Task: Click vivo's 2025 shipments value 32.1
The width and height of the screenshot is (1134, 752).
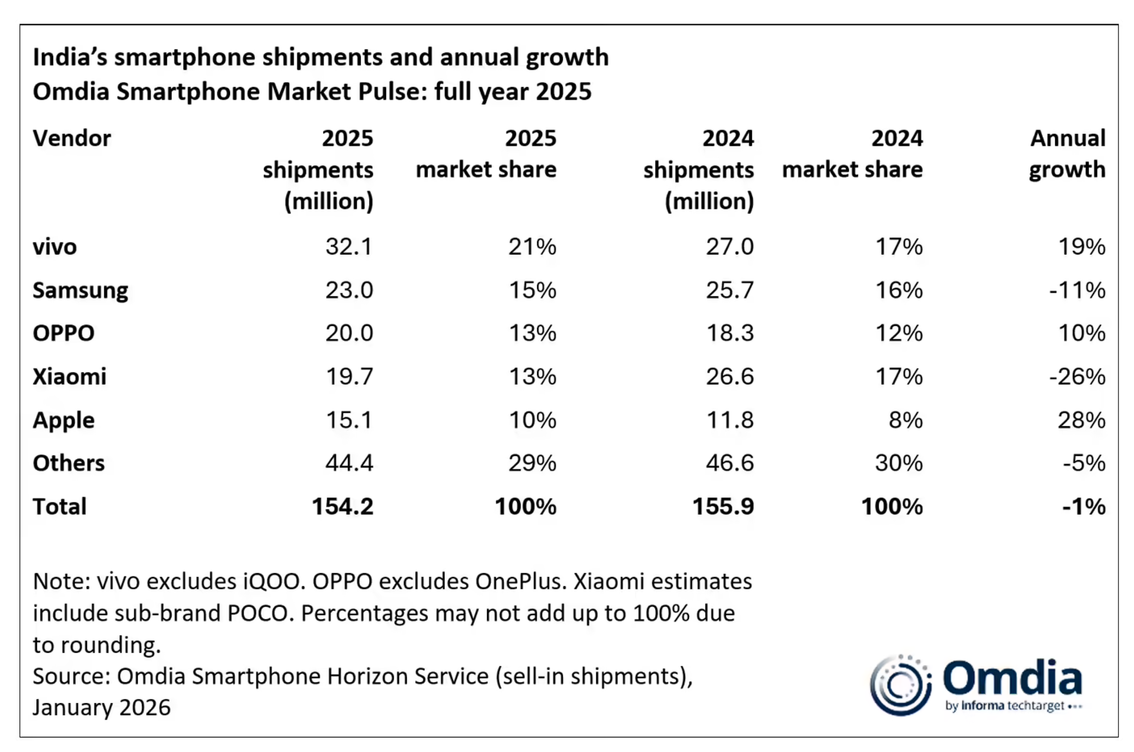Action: click(x=349, y=247)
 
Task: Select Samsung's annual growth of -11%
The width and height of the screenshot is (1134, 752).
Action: click(x=1077, y=291)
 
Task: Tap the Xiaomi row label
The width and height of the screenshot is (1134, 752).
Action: click(x=70, y=377)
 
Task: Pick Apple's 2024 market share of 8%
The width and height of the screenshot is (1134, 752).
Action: click(x=906, y=420)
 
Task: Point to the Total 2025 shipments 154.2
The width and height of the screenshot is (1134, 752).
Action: click(x=342, y=507)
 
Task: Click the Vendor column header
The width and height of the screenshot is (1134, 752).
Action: click(x=72, y=138)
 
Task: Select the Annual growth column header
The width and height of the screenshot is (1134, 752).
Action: click(x=1067, y=154)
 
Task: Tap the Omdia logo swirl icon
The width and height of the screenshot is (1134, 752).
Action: click(x=900, y=685)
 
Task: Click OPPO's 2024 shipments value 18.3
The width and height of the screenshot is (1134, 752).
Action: click(x=730, y=333)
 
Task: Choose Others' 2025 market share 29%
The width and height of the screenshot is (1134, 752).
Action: click(x=532, y=464)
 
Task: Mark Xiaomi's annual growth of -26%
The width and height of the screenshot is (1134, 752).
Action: click(x=1077, y=377)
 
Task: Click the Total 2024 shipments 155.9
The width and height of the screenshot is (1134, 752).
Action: click(x=723, y=507)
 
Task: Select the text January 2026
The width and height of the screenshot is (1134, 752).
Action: click(x=102, y=708)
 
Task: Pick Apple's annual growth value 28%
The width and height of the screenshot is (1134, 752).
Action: click(x=1081, y=420)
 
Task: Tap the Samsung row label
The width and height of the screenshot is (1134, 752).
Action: click(x=80, y=291)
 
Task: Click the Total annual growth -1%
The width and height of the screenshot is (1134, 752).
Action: click(x=1083, y=507)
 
